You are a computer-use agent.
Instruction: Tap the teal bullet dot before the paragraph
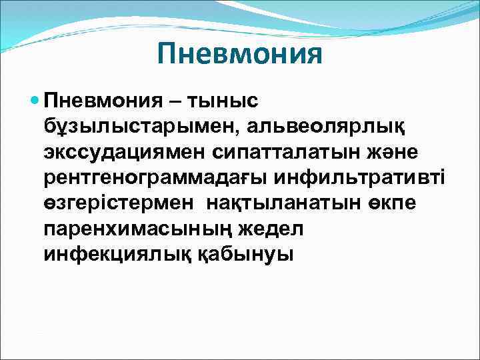(35, 102)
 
